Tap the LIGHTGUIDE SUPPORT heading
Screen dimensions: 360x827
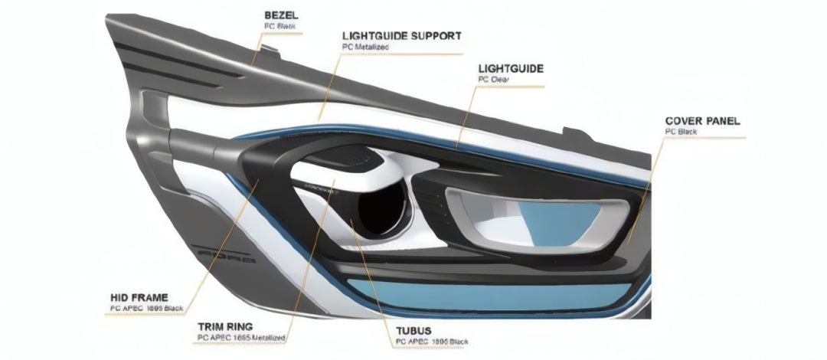coord(401,36)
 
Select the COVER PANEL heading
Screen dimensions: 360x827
coord(702,121)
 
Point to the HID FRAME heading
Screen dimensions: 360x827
coord(139,297)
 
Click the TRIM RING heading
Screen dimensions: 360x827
coord(224,326)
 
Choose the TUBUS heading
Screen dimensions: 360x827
coord(415,330)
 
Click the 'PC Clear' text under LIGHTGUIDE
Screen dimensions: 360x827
coord(494,79)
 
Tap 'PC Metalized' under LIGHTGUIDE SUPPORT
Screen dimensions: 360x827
coord(366,47)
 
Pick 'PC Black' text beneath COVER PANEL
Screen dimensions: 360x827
coord(681,132)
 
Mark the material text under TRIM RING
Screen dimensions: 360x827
coord(241,337)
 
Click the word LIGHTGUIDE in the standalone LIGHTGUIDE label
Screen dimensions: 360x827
coord(510,68)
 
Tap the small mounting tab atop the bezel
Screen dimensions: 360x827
coord(268,52)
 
